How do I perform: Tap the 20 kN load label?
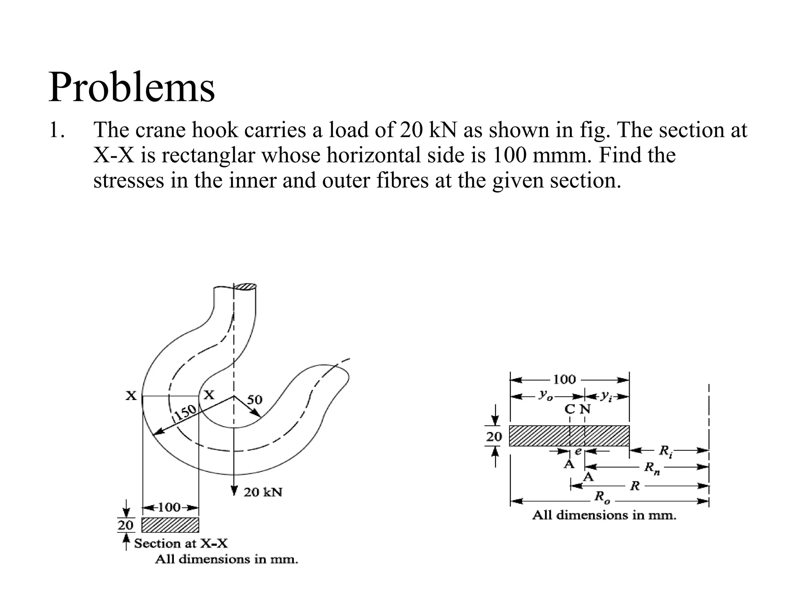(262, 492)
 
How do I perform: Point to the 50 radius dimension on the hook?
(255, 399)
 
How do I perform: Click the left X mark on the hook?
(131, 396)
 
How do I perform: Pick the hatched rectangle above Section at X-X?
(170, 525)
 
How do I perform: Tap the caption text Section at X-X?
(181, 543)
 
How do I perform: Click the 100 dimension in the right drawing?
(564, 379)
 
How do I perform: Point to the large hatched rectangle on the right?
(569, 436)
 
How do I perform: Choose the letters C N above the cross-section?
(577, 409)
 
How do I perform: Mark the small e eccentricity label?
(579, 451)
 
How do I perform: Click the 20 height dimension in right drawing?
(494, 436)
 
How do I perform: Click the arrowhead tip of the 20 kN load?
(234, 495)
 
